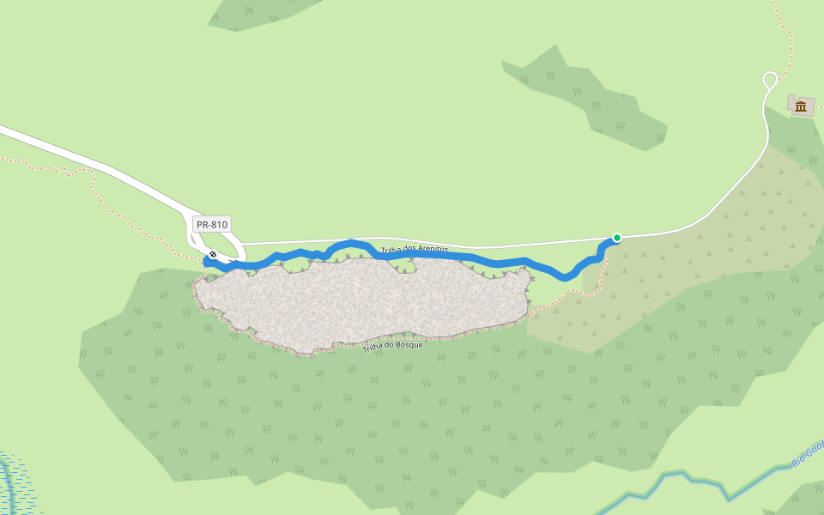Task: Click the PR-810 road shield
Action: (211, 225)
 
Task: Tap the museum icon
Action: (801, 106)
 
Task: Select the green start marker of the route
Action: (616, 238)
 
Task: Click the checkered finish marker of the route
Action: (213, 254)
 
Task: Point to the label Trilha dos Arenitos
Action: (415, 250)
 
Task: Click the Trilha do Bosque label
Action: (392, 347)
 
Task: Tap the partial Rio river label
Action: (807, 454)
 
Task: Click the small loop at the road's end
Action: (770, 80)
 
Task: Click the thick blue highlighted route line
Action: (498, 262)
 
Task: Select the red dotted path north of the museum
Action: (785, 34)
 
